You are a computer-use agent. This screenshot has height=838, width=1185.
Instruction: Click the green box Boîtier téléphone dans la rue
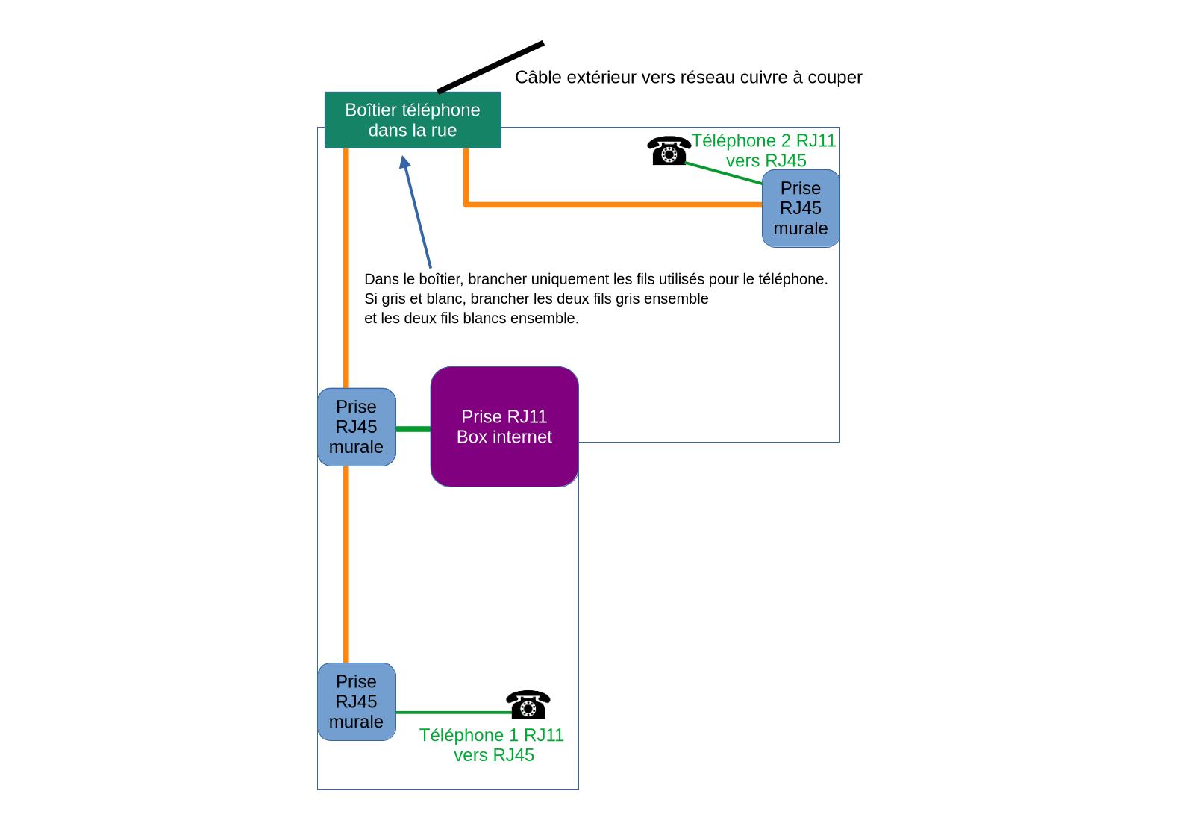coord(413,120)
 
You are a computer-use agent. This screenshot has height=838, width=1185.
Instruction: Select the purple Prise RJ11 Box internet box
coord(504,427)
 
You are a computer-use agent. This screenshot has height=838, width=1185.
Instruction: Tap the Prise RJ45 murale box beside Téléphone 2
coord(801,208)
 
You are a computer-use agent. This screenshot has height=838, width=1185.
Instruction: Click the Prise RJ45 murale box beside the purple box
coord(356,427)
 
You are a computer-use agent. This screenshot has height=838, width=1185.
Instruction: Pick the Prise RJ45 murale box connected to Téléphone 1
coord(356,701)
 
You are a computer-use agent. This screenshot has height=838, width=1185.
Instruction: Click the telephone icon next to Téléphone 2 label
coord(669,151)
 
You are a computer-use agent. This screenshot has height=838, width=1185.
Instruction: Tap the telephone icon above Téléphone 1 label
coord(528,704)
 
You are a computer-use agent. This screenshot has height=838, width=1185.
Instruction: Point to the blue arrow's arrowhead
coord(404,162)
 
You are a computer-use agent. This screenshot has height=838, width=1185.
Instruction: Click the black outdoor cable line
coord(490,68)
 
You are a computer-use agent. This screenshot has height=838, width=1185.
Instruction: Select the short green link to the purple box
coord(413,429)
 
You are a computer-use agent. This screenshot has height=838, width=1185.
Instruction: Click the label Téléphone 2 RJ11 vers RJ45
coord(764,151)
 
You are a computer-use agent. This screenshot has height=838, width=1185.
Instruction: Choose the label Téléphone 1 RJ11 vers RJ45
coord(493,745)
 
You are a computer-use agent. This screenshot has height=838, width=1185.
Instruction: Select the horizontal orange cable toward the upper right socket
coord(612,204)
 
